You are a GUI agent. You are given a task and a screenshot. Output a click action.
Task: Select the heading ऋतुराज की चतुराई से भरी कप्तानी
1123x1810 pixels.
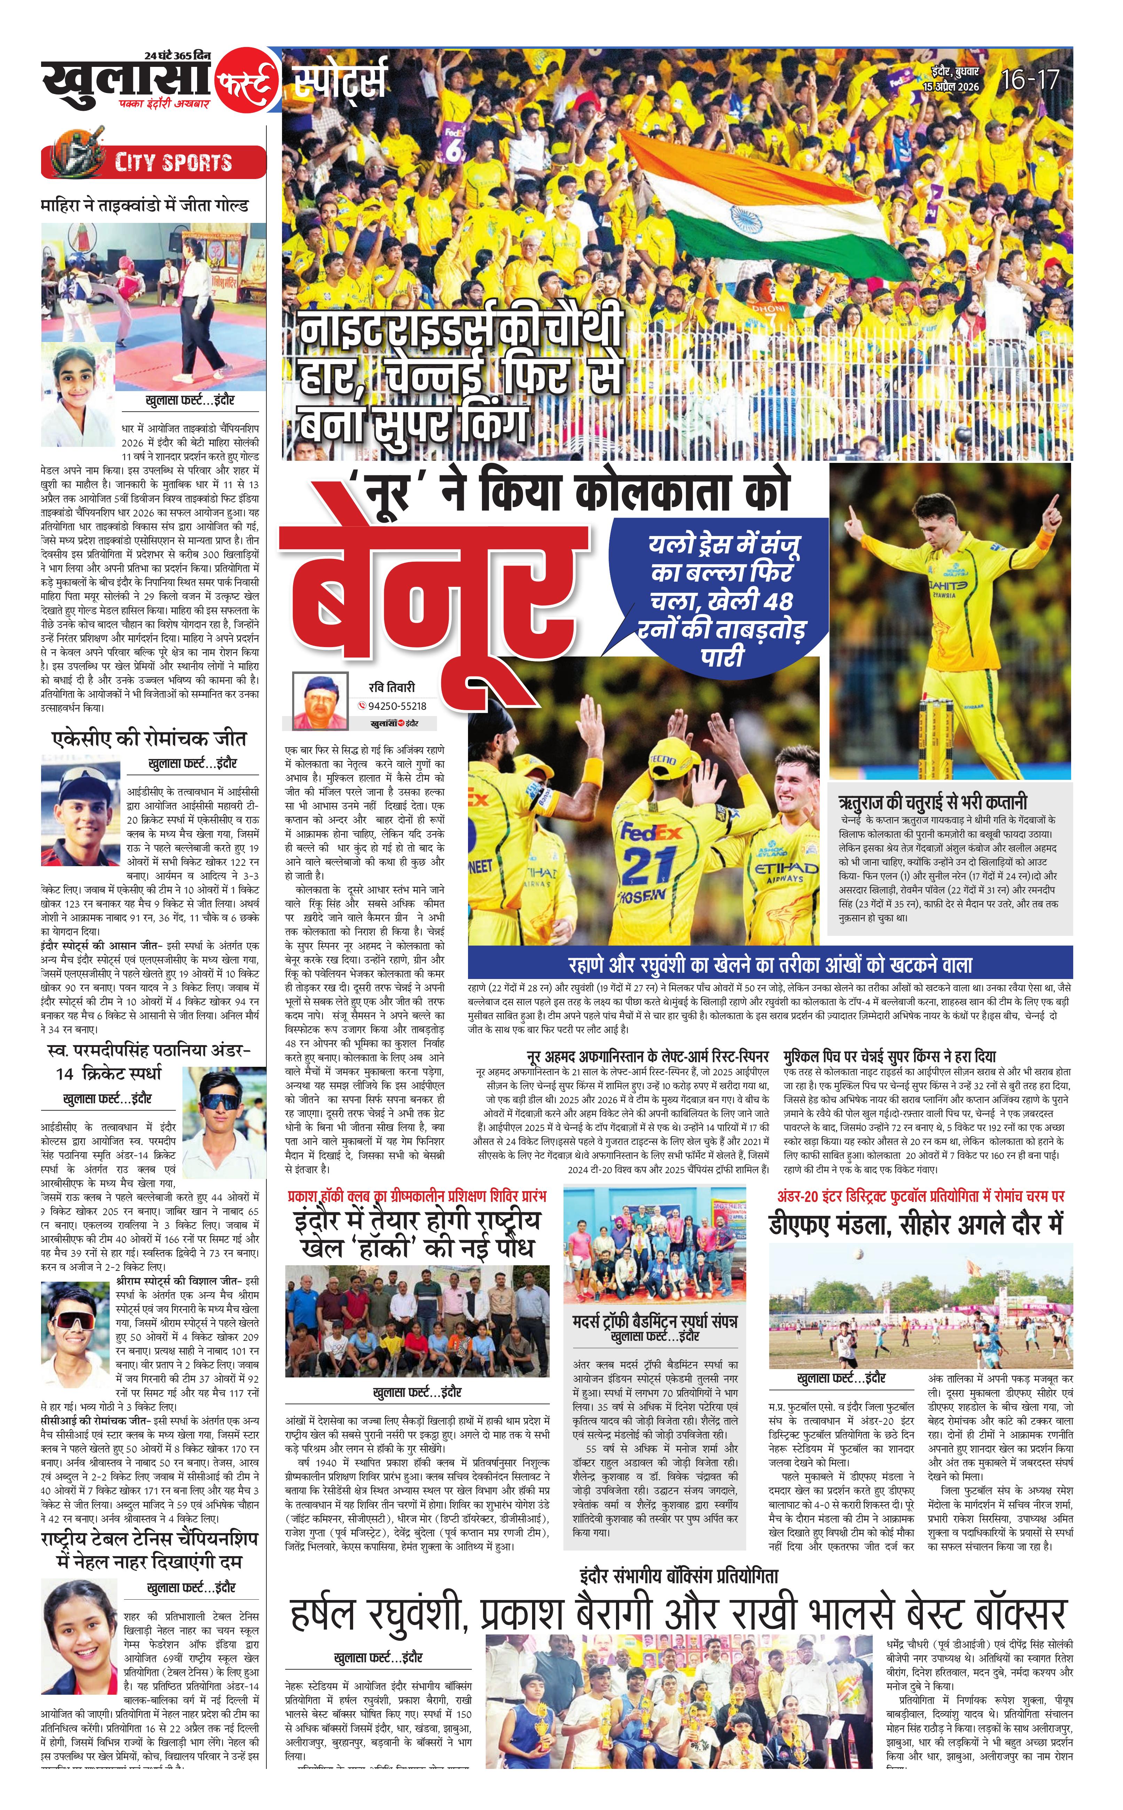(x=932, y=802)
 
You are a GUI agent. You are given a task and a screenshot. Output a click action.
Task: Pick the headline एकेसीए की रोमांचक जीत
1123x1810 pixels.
(x=149, y=739)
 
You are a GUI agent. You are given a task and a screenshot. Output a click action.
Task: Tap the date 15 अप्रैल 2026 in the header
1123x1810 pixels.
(x=951, y=87)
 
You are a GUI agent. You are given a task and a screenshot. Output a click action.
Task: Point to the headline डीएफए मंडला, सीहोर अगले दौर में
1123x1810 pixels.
(x=916, y=1224)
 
